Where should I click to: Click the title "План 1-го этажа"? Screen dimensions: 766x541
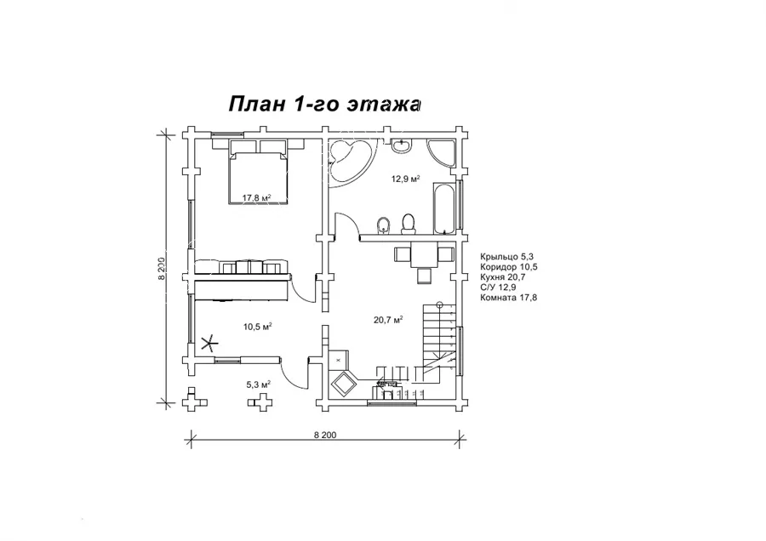tap(324, 104)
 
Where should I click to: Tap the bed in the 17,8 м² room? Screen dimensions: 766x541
tap(258, 177)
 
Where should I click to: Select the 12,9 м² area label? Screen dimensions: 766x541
tap(405, 179)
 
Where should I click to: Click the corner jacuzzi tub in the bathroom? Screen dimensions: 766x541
tap(350, 162)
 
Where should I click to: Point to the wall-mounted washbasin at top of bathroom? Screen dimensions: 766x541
tap(403, 145)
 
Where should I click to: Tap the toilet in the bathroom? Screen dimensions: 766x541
tap(408, 224)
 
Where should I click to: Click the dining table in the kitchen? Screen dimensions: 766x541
tap(424, 255)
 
